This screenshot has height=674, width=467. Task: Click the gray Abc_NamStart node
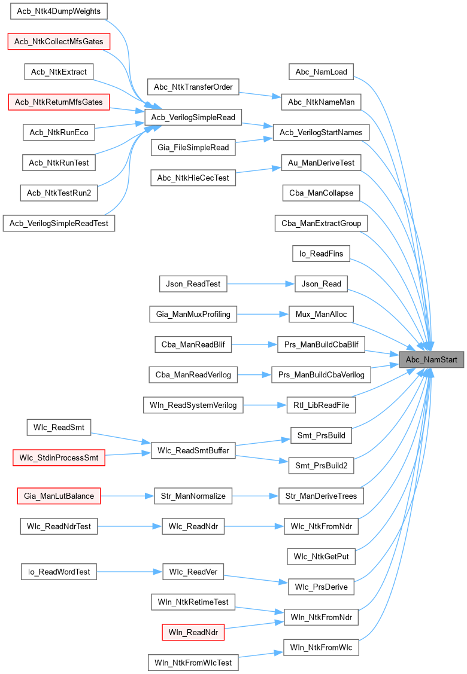coord(431,360)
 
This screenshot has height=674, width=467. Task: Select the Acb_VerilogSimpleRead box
coord(193,117)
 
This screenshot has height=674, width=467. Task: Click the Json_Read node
coord(322,284)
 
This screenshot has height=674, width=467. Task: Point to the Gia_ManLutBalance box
coord(59,496)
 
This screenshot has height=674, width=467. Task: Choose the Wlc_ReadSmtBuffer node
coord(193,450)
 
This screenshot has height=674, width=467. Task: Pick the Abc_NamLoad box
coord(321,72)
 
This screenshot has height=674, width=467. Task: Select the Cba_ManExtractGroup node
coord(321,224)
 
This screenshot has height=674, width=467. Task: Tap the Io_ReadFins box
coord(321,254)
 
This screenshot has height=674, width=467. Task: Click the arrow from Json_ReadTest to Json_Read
coord(261,284)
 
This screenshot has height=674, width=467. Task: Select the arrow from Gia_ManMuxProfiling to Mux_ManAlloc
coord(259,314)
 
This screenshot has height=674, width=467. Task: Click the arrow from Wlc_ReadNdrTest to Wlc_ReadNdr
coord(129,526)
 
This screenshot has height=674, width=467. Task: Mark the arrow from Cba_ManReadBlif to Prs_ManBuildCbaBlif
coord(254,344)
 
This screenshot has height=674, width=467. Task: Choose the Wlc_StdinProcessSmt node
coord(59,458)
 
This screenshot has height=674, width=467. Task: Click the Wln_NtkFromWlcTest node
coord(193,663)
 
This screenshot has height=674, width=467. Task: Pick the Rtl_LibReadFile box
coord(321,405)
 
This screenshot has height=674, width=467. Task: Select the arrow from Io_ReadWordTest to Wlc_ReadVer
coord(129,572)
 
